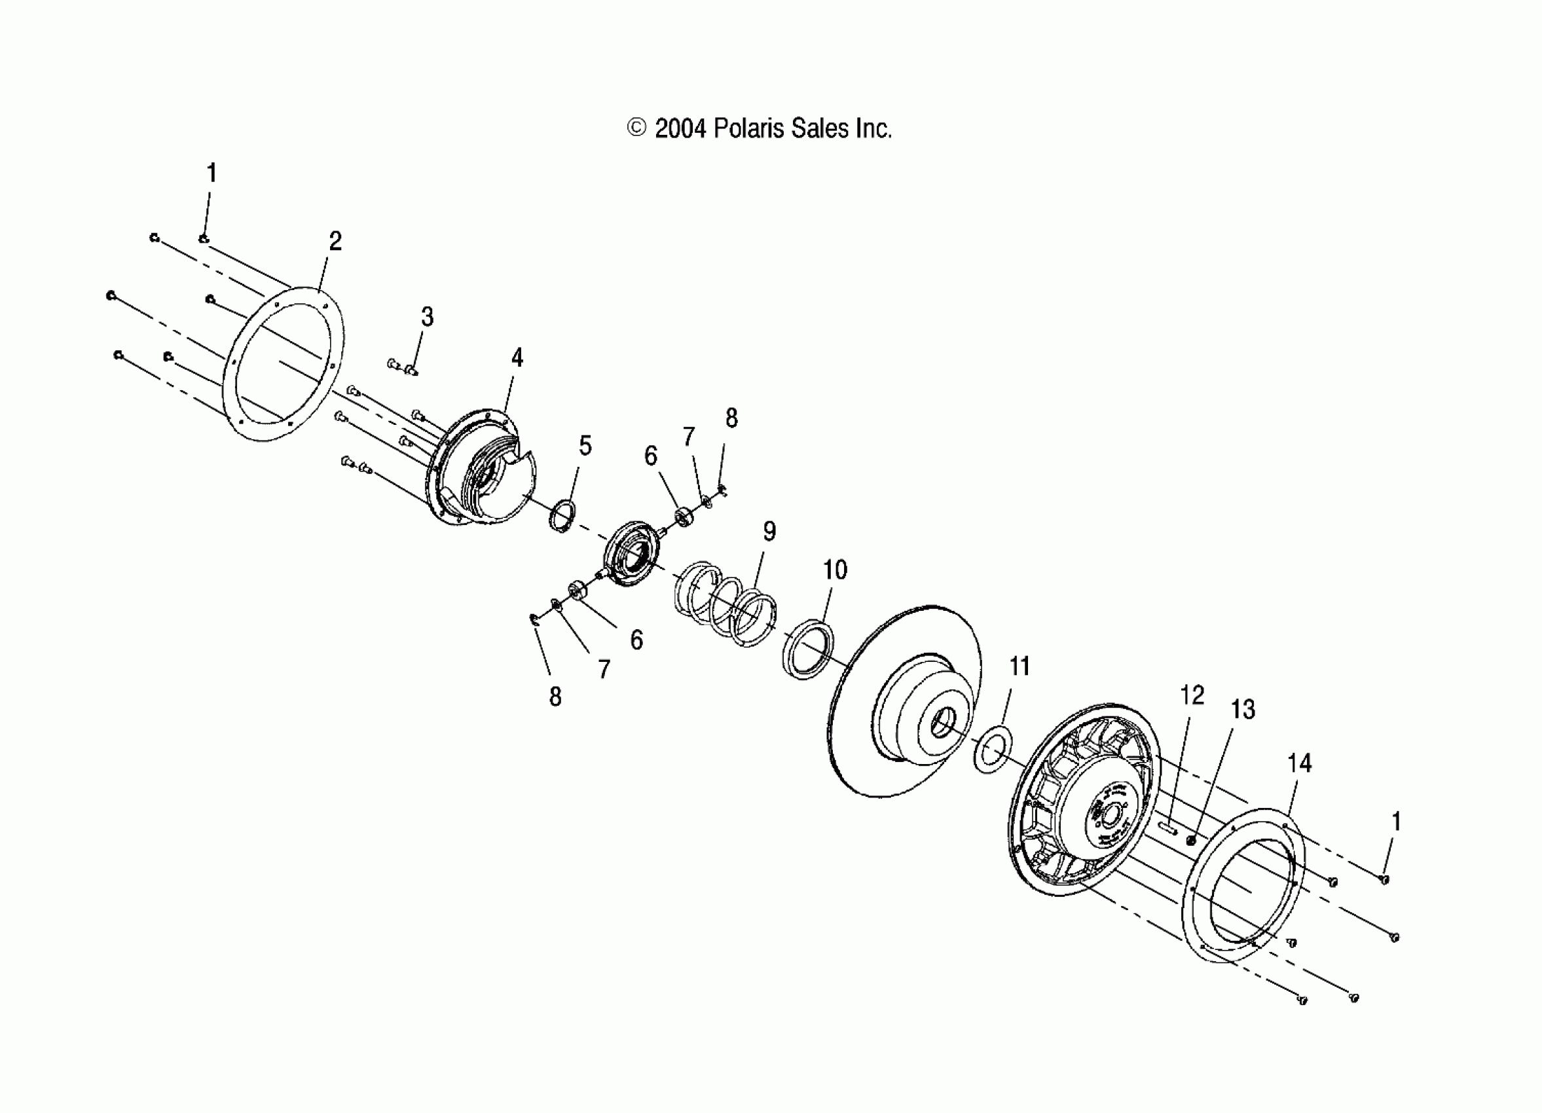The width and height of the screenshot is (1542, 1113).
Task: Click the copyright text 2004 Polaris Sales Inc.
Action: [x=759, y=128]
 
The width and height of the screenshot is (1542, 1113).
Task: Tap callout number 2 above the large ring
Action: [x=335, y=242]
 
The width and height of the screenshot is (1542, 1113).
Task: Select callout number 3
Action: [x=427, y=317]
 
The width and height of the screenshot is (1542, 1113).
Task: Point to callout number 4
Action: [x=517, y=357]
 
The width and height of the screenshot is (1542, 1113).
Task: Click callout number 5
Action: [x=585, y=446]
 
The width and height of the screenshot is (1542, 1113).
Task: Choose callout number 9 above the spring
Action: [x=769, y=531]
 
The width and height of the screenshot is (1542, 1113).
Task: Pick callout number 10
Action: [x=835, y=570]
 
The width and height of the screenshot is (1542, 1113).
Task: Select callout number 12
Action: [x=1192, y=695]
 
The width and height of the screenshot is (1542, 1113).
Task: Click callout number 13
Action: [x=1243, y=710]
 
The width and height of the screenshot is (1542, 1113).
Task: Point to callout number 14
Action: [x=1299, y=763]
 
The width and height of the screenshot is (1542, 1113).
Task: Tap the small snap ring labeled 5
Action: [x=562, y=516]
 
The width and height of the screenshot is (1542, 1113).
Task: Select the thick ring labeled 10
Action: [x=808, y=649]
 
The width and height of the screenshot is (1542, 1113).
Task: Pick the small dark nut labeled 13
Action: [x=1191, y=841]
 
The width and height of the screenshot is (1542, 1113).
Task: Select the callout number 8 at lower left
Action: [x=555, y=697]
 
